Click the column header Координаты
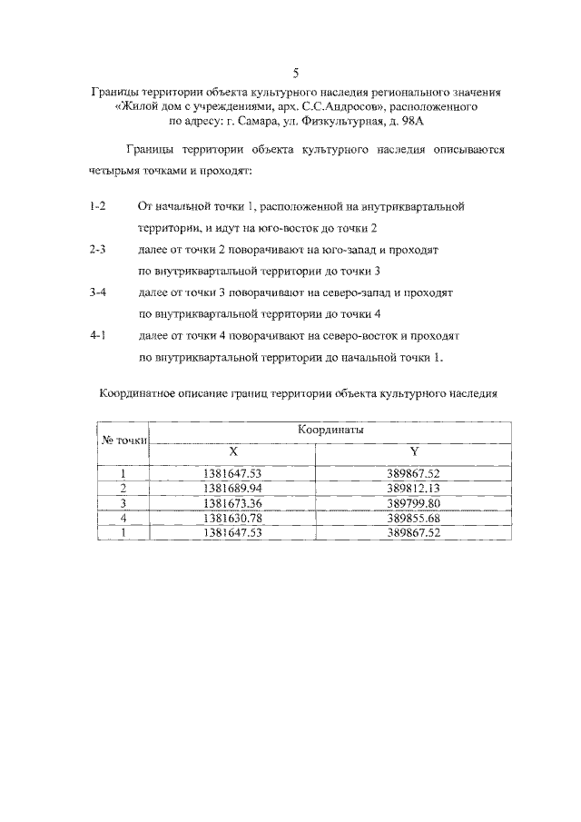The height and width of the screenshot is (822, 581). tap(329, 431)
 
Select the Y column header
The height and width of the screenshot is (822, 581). tap(413, 451)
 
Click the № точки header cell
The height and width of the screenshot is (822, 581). tap(123, 441)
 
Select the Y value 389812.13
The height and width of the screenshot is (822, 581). tap(413, 489)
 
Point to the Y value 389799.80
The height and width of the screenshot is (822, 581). tap(413, 503)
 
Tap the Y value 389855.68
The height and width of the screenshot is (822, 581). tap(413, 518)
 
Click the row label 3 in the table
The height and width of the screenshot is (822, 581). tap(123, 503)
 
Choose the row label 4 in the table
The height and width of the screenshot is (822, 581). tap(123, 518)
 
